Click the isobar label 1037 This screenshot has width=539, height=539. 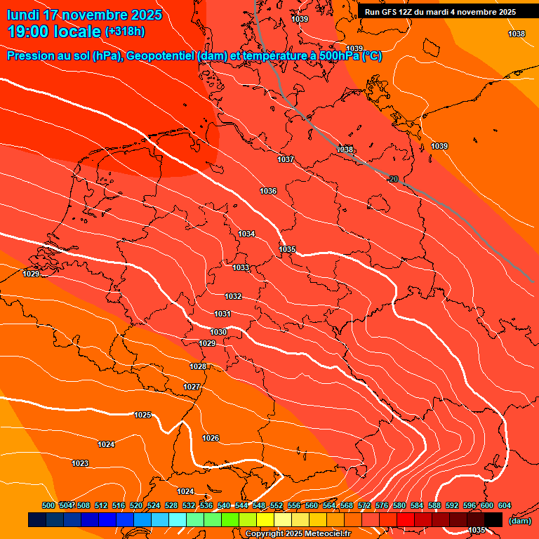coord(286,159)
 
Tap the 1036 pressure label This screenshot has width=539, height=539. coord(268,191)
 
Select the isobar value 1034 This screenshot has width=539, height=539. coord(246,234)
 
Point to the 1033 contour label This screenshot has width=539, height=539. coord(241,267)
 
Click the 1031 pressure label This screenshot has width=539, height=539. coord(222,314)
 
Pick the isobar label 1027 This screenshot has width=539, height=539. coord(192,387)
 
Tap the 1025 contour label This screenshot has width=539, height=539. coord(142,415)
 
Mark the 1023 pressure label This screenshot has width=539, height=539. coord(80,463)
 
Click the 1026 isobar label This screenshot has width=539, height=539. coord(211,438)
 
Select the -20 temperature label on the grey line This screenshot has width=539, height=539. coord(394,179)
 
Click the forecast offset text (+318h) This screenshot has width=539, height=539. coord(125,32)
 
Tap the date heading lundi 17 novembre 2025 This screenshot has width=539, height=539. coord(84,14)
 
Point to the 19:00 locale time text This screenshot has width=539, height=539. coord(55,32)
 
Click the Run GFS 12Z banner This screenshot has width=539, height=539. coord(440,11)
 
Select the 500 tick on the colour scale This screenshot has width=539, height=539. coord(48,505)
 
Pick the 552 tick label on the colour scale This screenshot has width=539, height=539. coord(277,505)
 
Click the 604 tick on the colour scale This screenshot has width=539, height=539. coord(505,505)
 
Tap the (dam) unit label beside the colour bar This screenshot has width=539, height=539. coord(519,520)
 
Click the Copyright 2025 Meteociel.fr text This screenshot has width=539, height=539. coord(298,533)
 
